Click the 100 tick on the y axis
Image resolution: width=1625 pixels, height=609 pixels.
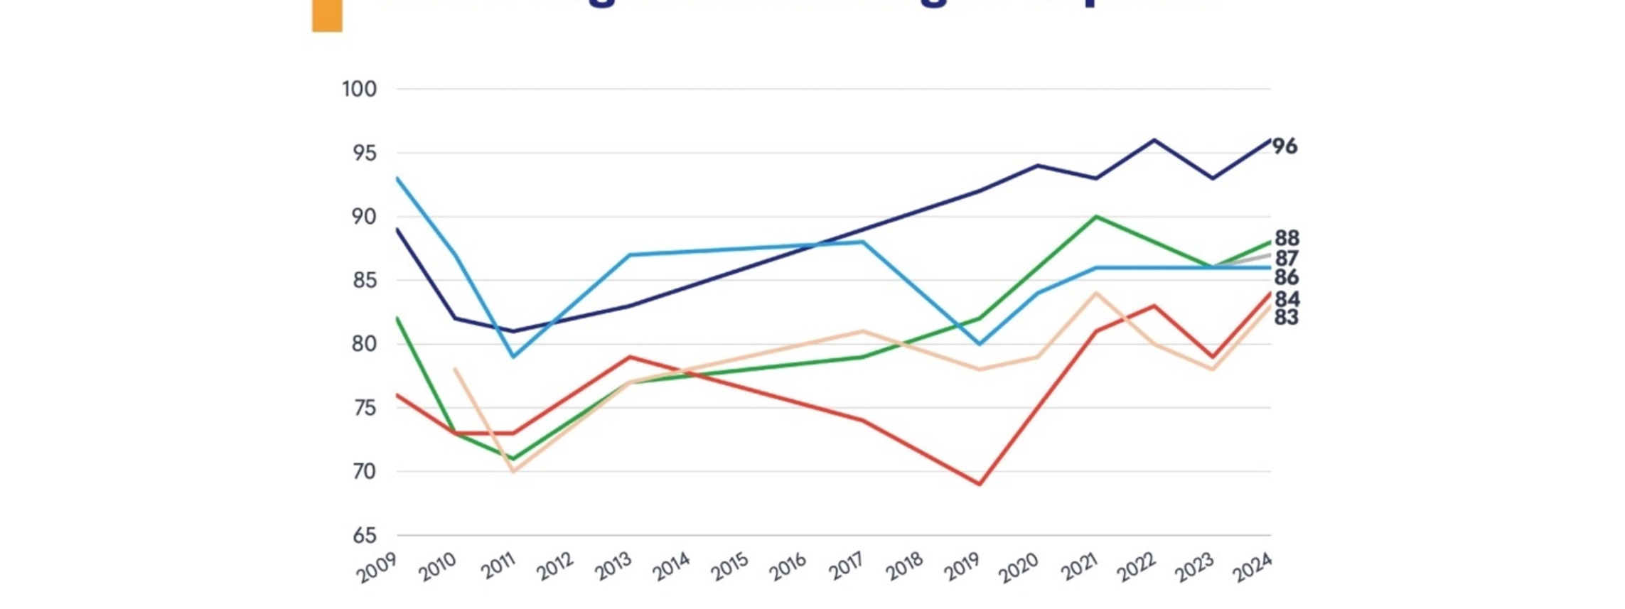(x=359, y=90)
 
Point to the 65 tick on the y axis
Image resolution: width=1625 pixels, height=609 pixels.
(x=364, y=535)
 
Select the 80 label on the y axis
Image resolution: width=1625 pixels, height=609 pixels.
(x=364, y=344)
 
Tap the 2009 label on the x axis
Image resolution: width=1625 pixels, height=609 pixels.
(x=377, y=568)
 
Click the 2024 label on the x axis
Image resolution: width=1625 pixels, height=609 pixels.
(x=1252, y=568)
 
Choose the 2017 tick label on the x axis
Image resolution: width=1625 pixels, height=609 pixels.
(x=846, y=567)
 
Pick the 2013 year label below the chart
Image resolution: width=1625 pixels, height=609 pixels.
(x=613, y=567)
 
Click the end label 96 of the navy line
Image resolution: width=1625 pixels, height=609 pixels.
(x=1285, y=146)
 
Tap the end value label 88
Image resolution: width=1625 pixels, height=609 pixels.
(x=1287, y=238)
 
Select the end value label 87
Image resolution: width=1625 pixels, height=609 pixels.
(x=1287, y=258)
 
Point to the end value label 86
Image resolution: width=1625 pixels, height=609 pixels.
(x=1287, y=277)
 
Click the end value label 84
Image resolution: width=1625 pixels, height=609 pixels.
(x=1287, y=299)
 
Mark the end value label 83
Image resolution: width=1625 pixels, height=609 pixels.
(x=1287, y=318)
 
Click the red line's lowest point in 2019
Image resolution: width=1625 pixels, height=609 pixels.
(x=980, y=484)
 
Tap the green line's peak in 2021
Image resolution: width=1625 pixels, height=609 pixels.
(x=1096, y=217)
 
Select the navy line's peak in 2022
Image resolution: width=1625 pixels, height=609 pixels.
(x=1154, y=140)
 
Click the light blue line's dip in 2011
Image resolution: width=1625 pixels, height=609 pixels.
(x=513, y=356)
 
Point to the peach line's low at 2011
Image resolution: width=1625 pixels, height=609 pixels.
(x=513, y=471)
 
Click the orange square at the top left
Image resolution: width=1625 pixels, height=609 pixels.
(x=327, y=16)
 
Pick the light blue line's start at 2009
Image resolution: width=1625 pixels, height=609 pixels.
(x=397, y=178)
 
